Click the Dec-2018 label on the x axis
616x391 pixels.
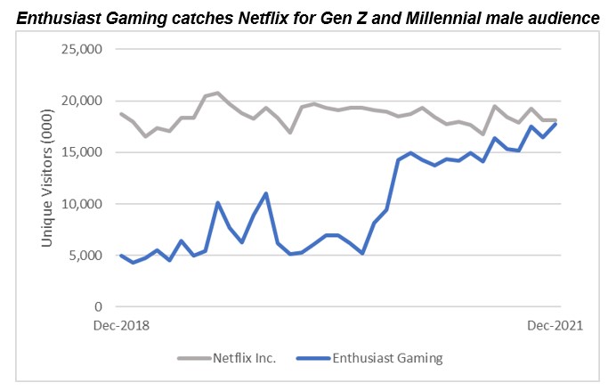pyautogui.click(x=121, y=326)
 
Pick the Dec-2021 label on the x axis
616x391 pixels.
pyautogui.click(x=555, y=326)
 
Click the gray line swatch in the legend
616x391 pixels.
pyautogui.click(x=193, y=360)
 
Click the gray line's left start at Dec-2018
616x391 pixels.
pyautogui.click(x=121, y=114)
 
